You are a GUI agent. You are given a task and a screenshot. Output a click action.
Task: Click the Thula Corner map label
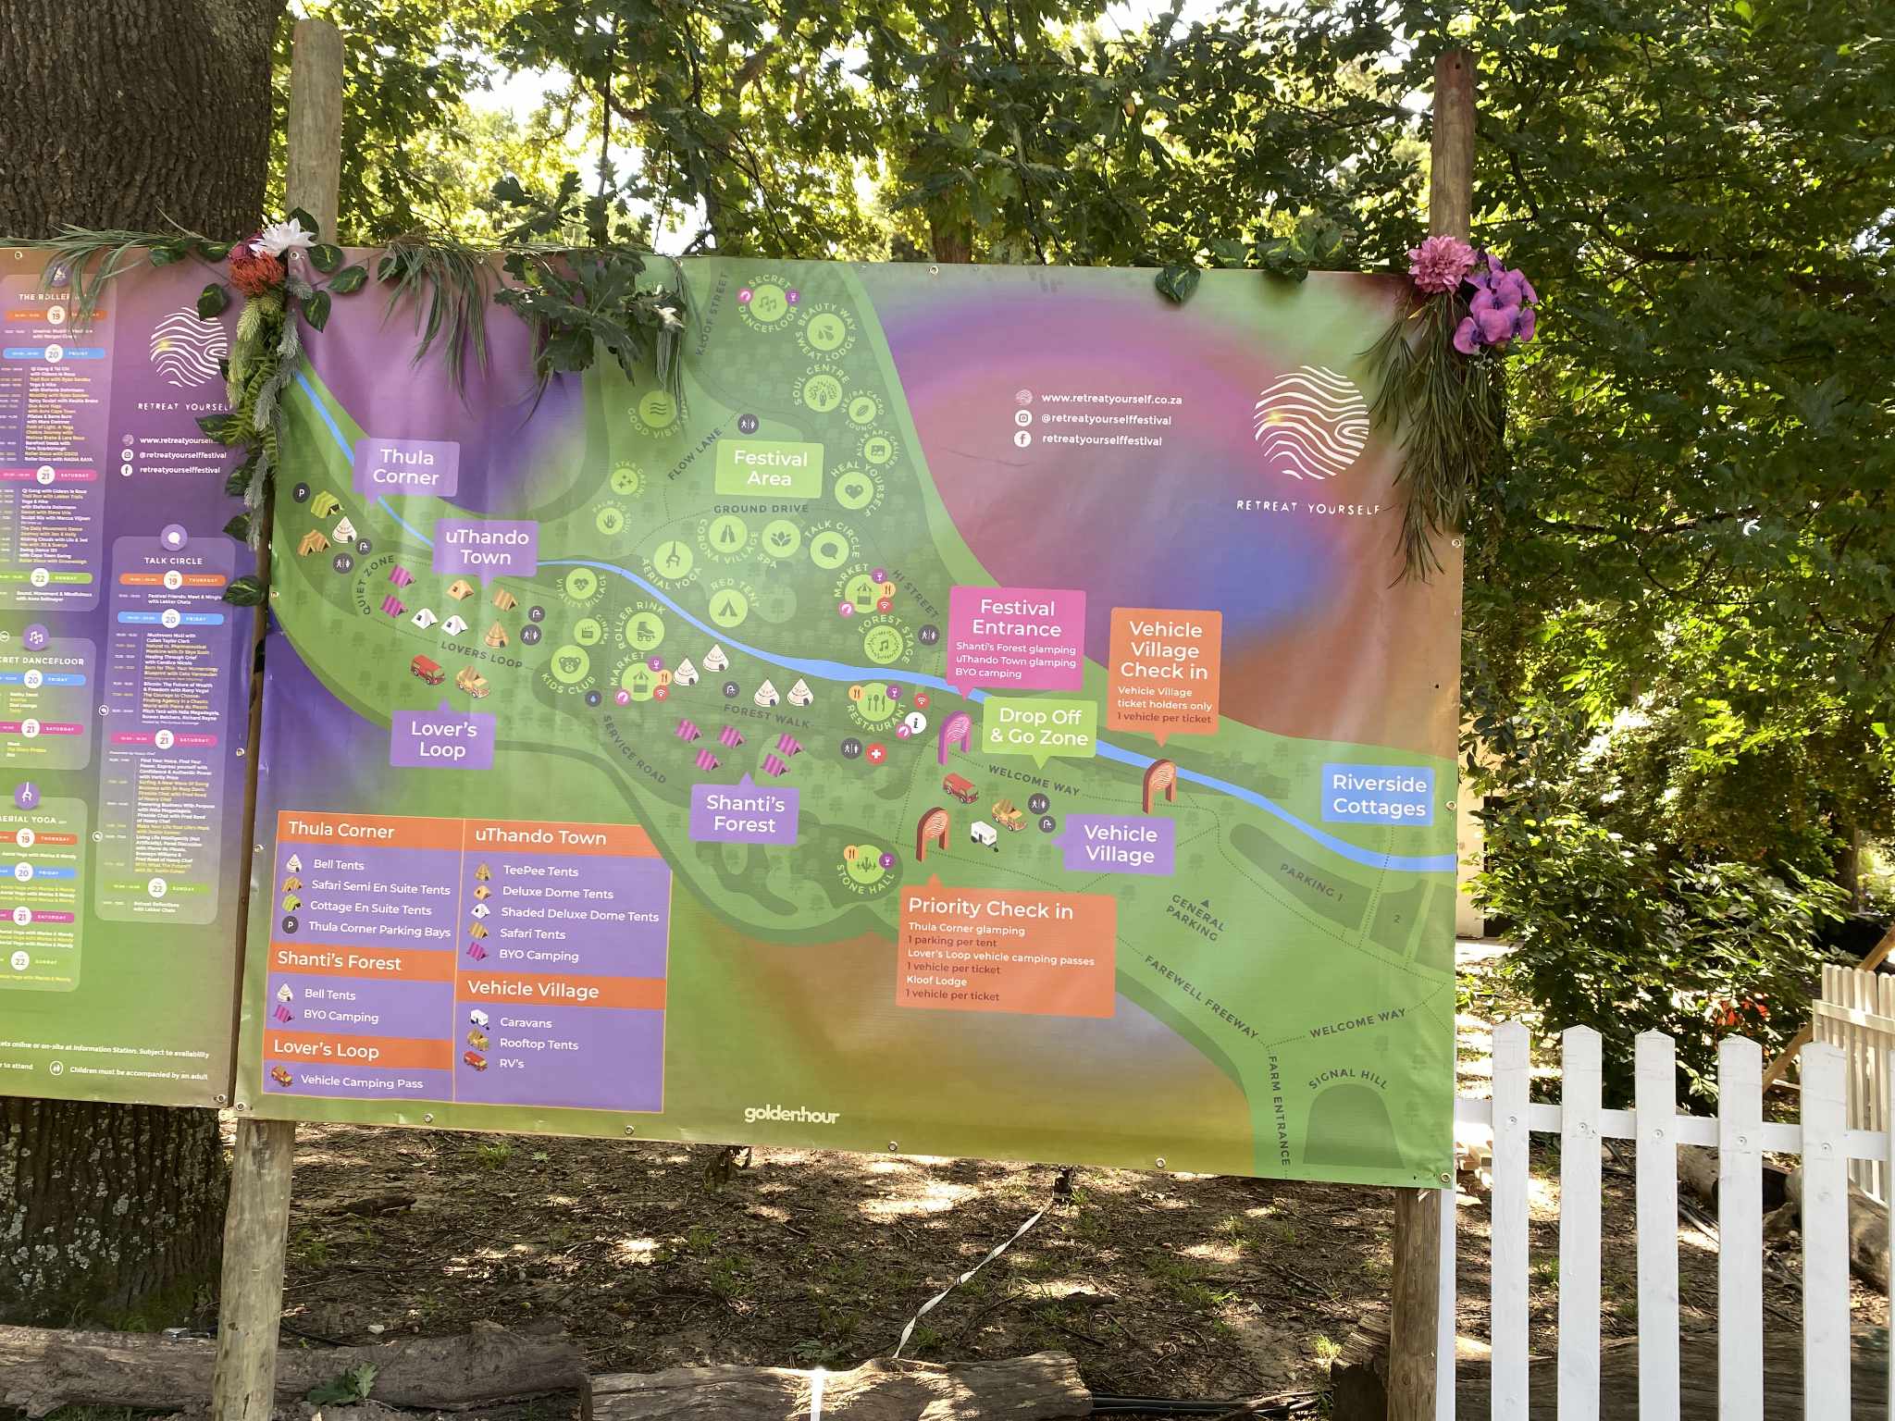click(406, 467)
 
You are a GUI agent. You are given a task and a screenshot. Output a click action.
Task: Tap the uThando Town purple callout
click(487, 548)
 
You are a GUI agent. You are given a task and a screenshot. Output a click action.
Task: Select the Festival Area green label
click(770, 468)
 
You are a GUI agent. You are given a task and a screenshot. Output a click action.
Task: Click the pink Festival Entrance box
click(1017, 637)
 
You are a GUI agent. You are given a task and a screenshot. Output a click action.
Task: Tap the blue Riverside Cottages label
click(1379, 795)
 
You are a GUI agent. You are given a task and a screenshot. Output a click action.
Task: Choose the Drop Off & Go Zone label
click(1039, 727)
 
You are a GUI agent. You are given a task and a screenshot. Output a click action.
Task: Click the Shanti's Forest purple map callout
click(745, 814)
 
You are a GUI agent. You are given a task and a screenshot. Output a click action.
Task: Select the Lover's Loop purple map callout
click(443, 739)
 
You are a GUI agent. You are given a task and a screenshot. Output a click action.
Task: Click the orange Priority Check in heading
click(990, 909)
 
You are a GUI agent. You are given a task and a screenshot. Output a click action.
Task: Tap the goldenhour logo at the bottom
click(791, 1114)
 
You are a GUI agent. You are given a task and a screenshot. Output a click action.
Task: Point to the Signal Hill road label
click(1347, 1079)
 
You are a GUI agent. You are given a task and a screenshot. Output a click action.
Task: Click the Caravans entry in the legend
click(526, 1022)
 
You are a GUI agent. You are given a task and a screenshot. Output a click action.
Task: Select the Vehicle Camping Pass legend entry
click(361, 1081)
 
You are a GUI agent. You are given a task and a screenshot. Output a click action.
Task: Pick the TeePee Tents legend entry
click(540, 871)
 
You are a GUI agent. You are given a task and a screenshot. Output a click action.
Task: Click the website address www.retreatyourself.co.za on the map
click(1110, 400)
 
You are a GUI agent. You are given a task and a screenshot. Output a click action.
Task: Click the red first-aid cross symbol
click(876, 754)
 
